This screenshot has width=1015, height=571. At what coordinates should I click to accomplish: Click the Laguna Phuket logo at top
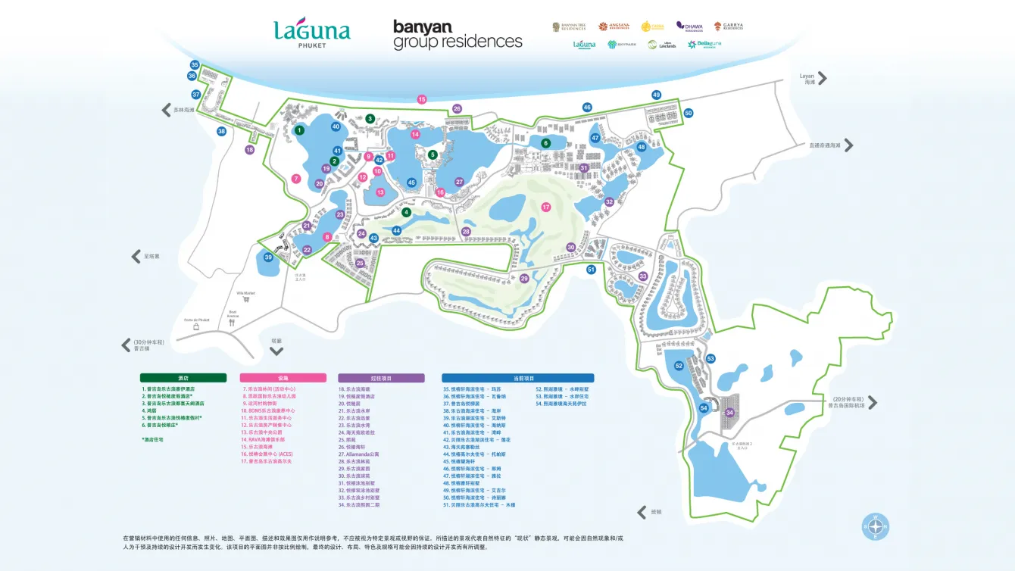[311, 33]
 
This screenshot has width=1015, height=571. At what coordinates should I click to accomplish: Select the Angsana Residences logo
[614, 27]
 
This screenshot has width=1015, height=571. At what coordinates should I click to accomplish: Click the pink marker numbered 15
[422, 99]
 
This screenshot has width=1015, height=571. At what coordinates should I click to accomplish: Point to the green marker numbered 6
[545, 143]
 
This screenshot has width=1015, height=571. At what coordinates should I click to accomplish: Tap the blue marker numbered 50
[688, 113]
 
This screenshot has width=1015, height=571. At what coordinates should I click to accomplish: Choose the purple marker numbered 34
[729, 413]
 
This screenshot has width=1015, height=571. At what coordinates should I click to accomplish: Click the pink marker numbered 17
[545, 207]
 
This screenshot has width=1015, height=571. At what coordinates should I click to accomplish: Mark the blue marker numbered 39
[268, 257]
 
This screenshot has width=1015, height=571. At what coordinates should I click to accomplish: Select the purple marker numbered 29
[524, 279]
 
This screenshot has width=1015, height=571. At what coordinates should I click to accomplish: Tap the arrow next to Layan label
[822, 78]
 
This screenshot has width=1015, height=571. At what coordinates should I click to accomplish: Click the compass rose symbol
[876, 526]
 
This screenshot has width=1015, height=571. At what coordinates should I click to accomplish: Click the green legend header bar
[183, 378]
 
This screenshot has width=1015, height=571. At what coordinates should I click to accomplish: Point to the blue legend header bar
[517, 378]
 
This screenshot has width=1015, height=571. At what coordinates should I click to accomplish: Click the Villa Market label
[245, 292]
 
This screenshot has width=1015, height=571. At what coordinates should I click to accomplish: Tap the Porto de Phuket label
[195, 320]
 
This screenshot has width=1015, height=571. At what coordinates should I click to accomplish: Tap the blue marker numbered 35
[195, 65]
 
